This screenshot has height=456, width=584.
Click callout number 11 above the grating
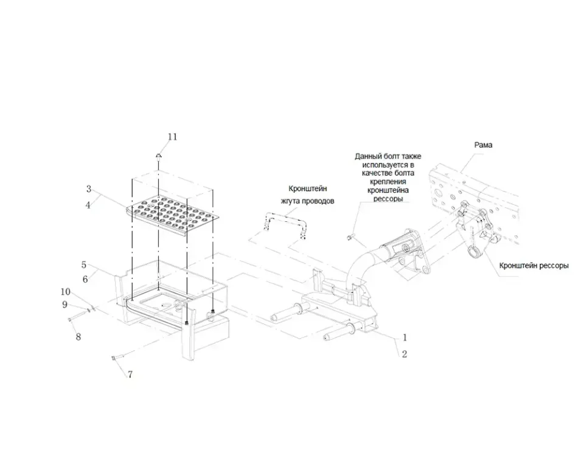tap(172, 137)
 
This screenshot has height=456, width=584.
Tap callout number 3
tap(88, 189)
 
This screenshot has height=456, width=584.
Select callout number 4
tap(88, 205)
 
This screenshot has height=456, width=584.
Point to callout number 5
tap(85, 265)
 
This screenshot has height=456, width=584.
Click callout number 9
tap(64, 305)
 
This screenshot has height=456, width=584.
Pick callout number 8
tap(78, 337)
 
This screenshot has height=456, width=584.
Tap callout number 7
tap(130, 375)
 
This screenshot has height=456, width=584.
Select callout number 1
tap(405, 337)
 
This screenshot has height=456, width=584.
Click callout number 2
tap(405, 354)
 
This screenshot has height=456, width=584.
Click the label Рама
tap(483, 145)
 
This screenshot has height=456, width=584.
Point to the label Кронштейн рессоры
tap(534, 266)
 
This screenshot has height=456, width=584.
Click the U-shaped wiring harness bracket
tap(284, 223)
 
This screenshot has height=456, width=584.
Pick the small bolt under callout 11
tap(158, 156)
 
